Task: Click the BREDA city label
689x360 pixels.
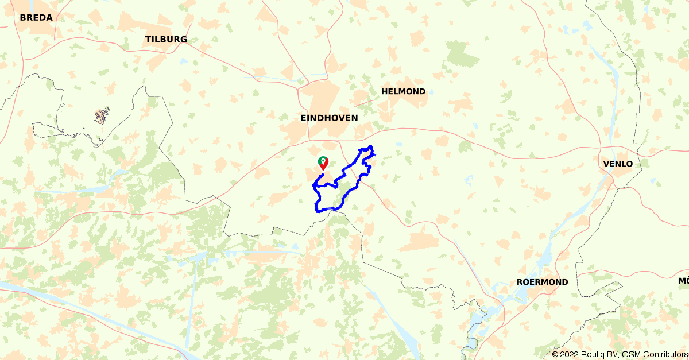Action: coord(36,17)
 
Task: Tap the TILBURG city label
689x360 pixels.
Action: coord(166,39)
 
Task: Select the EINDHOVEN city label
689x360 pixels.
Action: coord(329,117)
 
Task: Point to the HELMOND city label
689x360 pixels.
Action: coord(403,91)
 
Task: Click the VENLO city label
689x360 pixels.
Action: coord(618,164)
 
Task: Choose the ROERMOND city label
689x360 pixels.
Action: coord(542,282)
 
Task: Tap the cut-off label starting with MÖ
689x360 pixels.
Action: coord(683,281)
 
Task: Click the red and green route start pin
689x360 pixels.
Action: coord(323,163)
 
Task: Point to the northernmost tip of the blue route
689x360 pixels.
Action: coord(371,147)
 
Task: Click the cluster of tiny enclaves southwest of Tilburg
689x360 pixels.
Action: coord(102,116)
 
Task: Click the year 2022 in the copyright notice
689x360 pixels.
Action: coord(570,354)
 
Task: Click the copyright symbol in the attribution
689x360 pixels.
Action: coord(555,354)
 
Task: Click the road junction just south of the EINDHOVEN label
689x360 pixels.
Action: coord(309,140)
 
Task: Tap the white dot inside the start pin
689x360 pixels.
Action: coord(323,160)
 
